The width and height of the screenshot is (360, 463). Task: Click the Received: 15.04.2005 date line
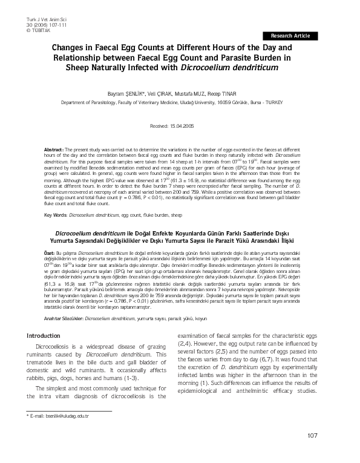tap(180, 126)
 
